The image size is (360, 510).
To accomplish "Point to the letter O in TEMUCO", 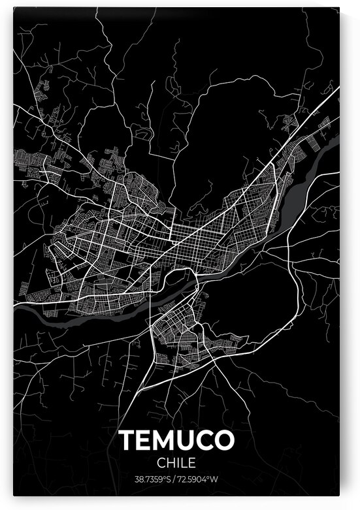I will point(223,441).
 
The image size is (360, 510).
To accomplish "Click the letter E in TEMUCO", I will point(144,441).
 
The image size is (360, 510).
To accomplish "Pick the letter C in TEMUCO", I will point(204,441).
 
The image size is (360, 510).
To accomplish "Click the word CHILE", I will point(176,463).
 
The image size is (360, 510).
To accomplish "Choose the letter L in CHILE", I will point(185,463).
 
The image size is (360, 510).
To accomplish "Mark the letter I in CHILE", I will point(178,463).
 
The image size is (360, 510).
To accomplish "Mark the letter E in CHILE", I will point(193,463).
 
